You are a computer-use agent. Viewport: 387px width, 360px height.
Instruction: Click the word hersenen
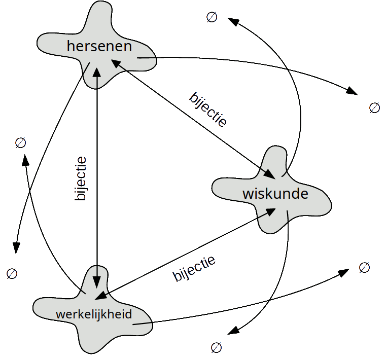coord(99,47)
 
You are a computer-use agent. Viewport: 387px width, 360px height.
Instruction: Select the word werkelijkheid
coord(94,314)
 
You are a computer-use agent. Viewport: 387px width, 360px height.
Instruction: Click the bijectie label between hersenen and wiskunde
coord(208,109)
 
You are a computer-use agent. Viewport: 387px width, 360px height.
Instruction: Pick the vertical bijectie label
coord(81,179)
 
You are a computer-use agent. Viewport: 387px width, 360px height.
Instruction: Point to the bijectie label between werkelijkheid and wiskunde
coord(194,268)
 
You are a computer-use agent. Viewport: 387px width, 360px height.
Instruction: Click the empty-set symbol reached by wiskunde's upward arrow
coord(212,18)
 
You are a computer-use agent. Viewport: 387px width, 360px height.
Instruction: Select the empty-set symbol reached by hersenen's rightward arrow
coord(374,107)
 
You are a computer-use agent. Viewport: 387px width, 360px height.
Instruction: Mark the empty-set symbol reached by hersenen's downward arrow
coord(12,274)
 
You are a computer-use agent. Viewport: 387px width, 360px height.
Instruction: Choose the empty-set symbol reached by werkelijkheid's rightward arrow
coord(364,267)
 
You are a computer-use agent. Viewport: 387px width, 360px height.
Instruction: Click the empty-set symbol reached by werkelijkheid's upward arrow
coord(20,142)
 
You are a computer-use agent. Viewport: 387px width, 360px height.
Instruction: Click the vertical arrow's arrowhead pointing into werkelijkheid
coord(97,273)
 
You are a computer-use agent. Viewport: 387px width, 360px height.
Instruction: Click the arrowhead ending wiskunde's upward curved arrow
coord(234,21)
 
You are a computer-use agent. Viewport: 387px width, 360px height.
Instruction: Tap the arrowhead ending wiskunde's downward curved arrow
coord(233,332)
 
